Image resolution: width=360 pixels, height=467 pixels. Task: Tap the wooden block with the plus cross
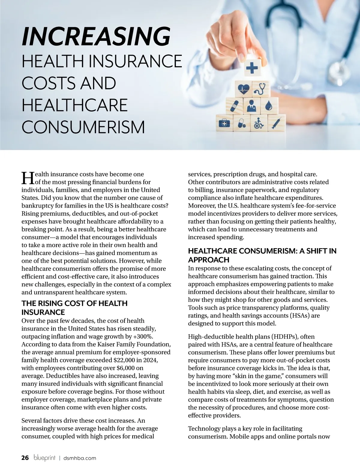pos(252,68)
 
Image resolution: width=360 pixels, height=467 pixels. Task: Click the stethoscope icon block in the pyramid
pos(260,88)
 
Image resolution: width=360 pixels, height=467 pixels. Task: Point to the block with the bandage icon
pos(235,106)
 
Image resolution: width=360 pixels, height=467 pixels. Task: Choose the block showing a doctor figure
pos(251,106)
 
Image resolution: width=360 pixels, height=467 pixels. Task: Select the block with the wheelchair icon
pos(259,123)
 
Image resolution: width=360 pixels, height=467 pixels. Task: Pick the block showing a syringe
pos(276,123)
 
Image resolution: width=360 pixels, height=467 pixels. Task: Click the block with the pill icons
pos(242,123)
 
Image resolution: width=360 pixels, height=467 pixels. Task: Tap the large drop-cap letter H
pos(28,178)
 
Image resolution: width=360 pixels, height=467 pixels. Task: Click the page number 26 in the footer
pos(25,458)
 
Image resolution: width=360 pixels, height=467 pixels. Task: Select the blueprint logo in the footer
pos(44,458)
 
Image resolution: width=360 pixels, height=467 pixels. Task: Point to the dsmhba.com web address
pos(80,458)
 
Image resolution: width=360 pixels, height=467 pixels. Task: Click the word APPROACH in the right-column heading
pos(209,260)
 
